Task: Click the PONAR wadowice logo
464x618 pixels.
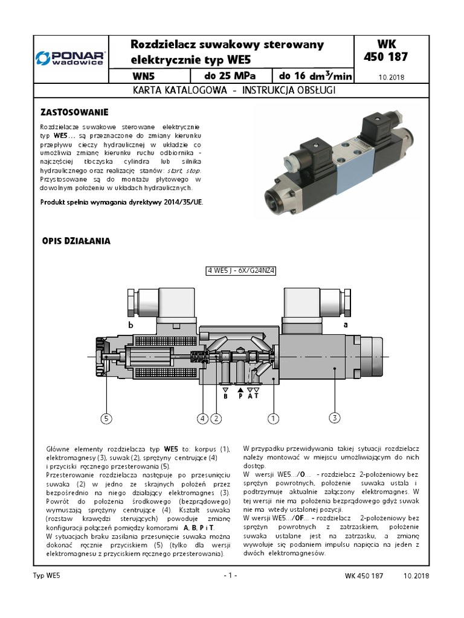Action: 70,58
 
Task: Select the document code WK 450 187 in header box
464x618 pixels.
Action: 394,51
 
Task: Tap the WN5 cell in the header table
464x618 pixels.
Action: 147,77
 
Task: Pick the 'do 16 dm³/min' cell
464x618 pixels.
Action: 314,76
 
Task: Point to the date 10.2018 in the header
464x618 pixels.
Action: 391,78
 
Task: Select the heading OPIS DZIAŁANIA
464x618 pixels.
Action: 76,241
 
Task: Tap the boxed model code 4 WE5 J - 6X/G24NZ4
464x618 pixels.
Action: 240,271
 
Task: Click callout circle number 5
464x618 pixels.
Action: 106,418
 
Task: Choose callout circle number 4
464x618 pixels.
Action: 202,418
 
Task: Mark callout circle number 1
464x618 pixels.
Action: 272,418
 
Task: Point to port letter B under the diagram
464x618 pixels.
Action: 225,397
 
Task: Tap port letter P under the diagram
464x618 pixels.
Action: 240,397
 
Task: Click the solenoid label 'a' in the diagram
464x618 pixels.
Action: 346,324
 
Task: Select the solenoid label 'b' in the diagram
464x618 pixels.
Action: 129,325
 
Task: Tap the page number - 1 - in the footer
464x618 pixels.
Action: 230,575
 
